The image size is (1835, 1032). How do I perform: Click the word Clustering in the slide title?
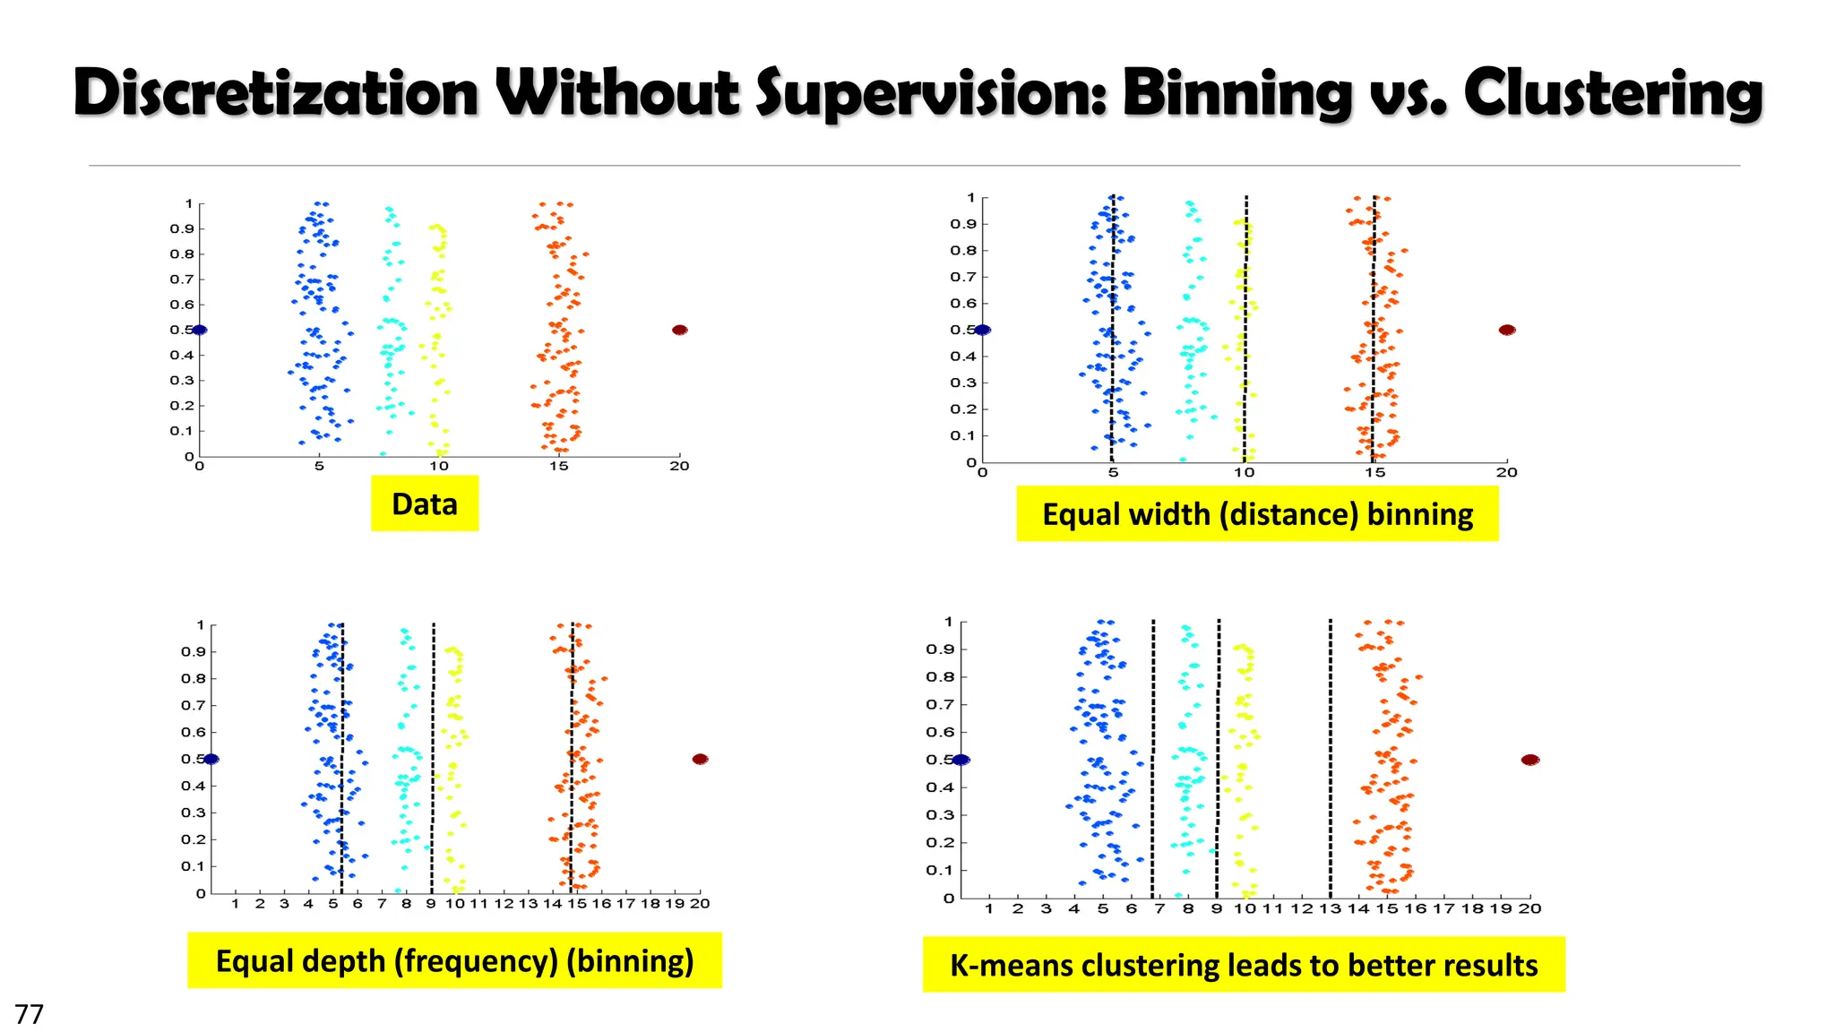click(x=1613, y=93)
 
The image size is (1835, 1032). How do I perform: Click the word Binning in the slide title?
click(x=1236, y=93)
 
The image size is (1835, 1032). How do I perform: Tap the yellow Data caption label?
click(x=425, y=503)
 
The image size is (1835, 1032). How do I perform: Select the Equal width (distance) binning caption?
click(x=1257, y=514)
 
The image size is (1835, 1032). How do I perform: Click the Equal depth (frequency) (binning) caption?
click(x=454, y=960)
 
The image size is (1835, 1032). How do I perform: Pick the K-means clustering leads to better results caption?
click(x=1244, y=965)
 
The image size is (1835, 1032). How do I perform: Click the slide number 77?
click(x=30, y=1014)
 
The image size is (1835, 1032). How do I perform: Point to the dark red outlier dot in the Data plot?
click(x=680, y=330)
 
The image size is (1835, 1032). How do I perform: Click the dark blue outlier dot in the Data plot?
click(x=200, y=330)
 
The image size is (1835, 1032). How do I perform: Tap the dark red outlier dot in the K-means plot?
click(x=1530, y=760)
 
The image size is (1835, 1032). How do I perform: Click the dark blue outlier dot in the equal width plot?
click(x=983, y=330)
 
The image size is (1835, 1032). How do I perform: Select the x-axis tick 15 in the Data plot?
click(x=559, y=466)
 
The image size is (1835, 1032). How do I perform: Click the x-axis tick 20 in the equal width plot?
click(x=1507, y=472)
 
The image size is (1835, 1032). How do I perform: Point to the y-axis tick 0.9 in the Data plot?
click(x=182, y=228)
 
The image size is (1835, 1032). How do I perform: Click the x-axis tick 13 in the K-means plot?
click(x=1330, y=908)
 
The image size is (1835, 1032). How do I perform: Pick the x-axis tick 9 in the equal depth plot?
click(x=431, y=903)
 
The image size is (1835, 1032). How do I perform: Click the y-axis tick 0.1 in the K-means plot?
click(x=940, y=870)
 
